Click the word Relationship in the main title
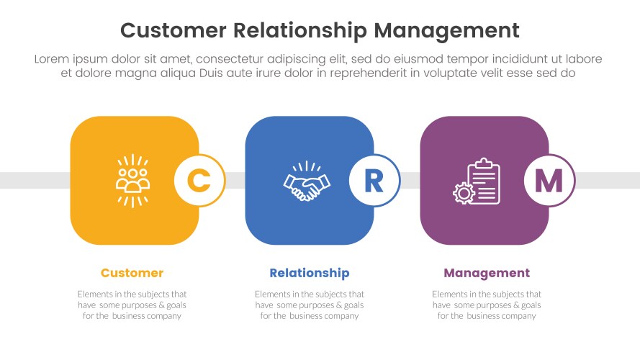[x=299, y=30]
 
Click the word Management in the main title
[x=446, y=30]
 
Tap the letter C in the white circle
[x=199, y=180]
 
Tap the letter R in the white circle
[x=374, y=180]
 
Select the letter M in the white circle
[x=549, y=180]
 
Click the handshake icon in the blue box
[x=307, y=181]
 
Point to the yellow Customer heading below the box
[x=132, y=273]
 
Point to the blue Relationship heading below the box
[x=309, y=273]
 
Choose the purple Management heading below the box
[x=487, y=273]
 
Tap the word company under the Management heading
[x=518, y=316]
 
